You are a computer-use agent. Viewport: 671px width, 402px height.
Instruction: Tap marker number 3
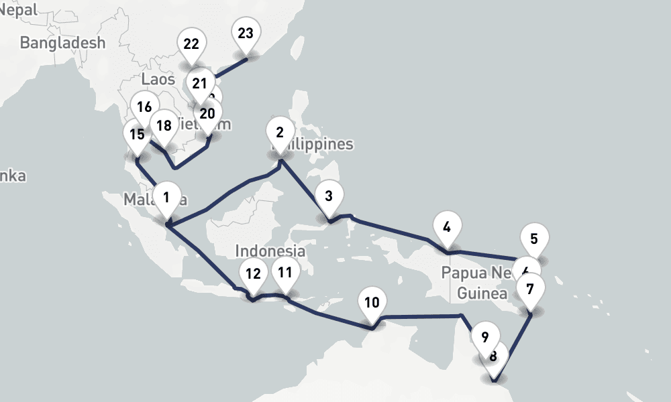tap(328, 196)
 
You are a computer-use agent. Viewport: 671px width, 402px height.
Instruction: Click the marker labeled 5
tap(534, 239)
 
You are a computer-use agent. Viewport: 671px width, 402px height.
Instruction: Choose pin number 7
tap(530, 289)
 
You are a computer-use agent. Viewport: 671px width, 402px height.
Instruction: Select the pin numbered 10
tap(372, 301)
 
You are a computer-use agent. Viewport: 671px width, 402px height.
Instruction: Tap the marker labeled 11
tap(285, 272)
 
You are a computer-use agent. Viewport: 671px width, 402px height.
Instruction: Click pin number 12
tap(253, 273)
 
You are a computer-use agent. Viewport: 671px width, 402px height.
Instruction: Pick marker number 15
tap(137, 134)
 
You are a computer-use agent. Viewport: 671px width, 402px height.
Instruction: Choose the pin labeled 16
tap(144, 107)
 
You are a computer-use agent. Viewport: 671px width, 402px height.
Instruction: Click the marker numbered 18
tap(163, 125)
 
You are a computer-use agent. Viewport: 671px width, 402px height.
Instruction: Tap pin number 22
tap(191, 44)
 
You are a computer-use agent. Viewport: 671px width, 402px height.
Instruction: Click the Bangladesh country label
tap(62, 43)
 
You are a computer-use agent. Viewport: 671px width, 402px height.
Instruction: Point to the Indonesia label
tap(270, 251)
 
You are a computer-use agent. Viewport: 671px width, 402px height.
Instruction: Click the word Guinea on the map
tap(482, 293)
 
